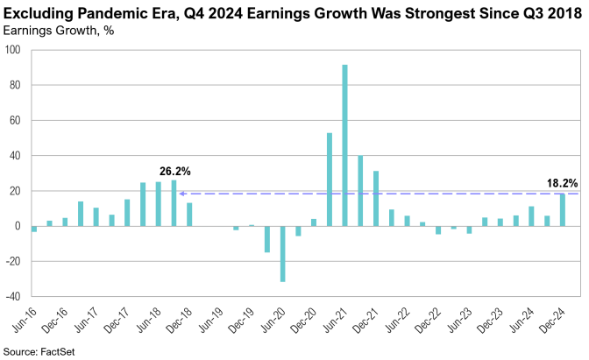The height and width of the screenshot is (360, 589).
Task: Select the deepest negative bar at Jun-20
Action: click(282, 254)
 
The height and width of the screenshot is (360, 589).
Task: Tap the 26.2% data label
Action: click(175, 171)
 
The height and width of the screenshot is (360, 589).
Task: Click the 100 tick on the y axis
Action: click(15, 50)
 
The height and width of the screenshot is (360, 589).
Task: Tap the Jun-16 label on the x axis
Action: click(24, 318)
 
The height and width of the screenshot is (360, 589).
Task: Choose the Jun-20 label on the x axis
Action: click(273, 318)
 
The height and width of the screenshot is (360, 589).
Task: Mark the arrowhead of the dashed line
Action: click(181, 194)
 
